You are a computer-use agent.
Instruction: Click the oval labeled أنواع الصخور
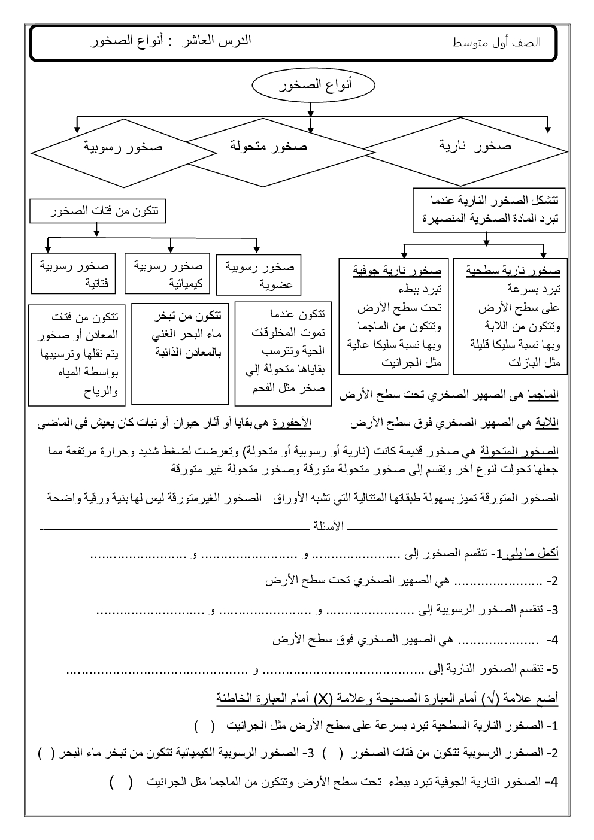coord(314,86)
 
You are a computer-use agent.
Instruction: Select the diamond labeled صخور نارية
coord(464,146)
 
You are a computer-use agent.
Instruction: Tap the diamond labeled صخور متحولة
coord(269,146)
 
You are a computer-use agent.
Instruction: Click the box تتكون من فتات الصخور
coord(98,211)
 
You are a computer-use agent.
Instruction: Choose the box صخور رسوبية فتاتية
coord(73,273)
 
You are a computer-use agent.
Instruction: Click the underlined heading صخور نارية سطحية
coord(513,271)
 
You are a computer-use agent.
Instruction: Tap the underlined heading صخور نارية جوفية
coord(396,271)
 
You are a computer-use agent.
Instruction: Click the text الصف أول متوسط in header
coord(497,43)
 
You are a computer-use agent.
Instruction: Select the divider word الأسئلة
coord(329,526)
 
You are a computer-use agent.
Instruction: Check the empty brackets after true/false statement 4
coord(122,782)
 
